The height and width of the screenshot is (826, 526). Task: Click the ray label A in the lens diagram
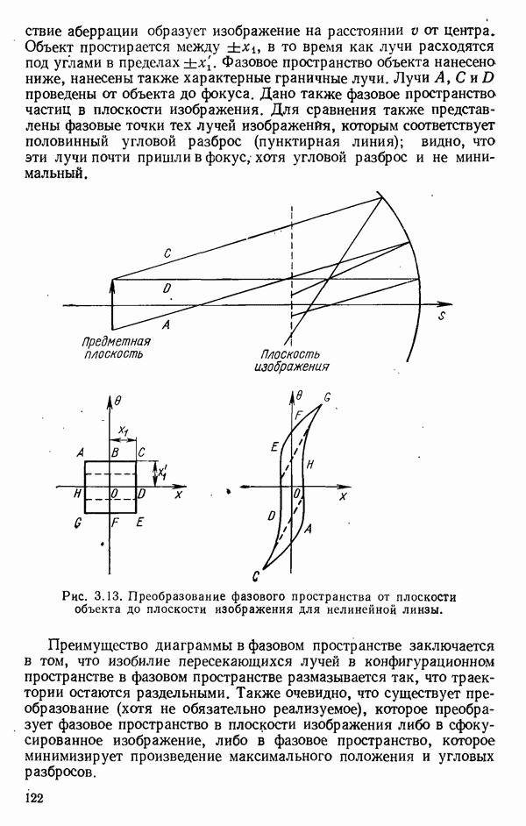(x=166, y=324)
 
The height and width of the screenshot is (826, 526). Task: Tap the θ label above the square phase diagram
(x=118, y=400)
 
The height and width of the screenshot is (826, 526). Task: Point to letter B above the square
(x=114, y=452)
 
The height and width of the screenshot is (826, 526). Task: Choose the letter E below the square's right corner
(x=140, y=522)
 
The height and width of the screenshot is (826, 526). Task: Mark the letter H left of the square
(x=77, y=494)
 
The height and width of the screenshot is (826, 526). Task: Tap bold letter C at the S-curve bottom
(x=254, y=576)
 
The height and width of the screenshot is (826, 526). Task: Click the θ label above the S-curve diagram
(x=299, y=396)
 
